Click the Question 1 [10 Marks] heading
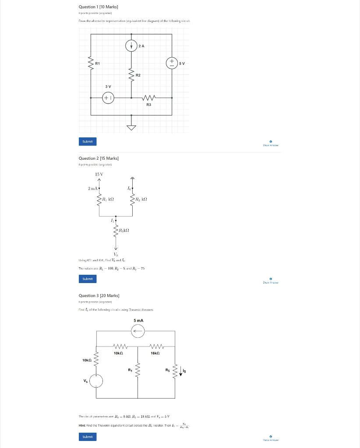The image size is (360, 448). click(98, 7)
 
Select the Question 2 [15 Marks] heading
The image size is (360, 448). click(98, 158)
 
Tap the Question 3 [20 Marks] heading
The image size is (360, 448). click(98, 296)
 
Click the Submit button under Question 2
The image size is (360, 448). click(88, 279)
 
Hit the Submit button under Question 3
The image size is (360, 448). click(88, 437)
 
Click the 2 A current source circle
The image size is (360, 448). click(131, 45)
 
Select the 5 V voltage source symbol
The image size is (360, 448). click(172, 63)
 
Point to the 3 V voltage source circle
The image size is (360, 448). click(108, 98)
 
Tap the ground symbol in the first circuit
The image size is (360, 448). click(131, 127)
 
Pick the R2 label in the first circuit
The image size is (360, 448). click(138, 75)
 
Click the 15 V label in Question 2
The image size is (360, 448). click(99, 174)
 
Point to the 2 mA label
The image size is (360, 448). click(92, 189)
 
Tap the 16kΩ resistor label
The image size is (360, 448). click(155, 353)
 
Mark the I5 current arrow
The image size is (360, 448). click(181, 372)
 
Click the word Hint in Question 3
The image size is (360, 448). click(82, 425)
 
